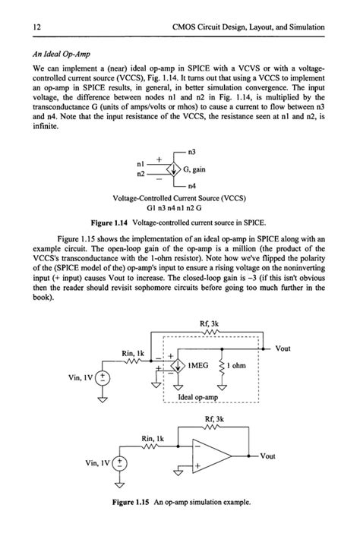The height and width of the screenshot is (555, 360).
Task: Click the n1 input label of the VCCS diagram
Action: point(141,163)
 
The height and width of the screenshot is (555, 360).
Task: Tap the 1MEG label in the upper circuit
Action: point(201,365)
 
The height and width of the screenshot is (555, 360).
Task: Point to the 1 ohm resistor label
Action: point(242,365)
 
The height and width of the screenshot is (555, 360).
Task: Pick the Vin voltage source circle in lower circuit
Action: point(119,463)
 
